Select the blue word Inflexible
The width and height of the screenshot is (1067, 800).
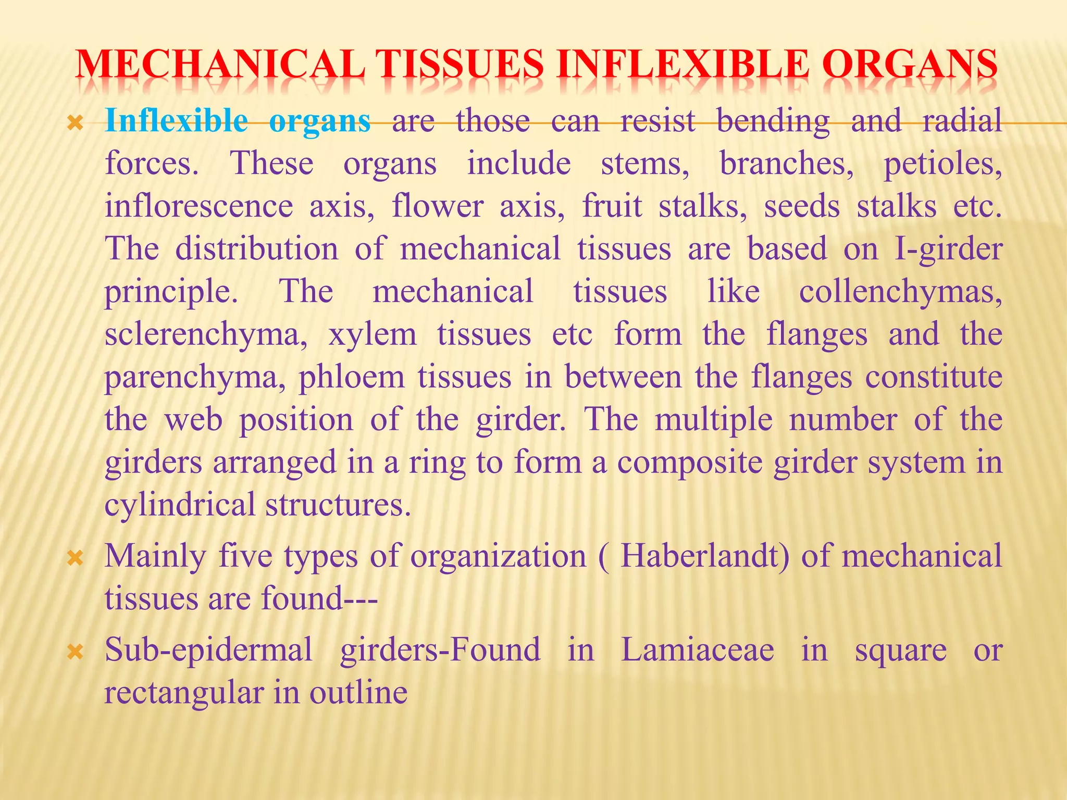(177, 121)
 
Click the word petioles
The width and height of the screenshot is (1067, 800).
(943, 164)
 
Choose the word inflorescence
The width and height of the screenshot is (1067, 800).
(199, 206)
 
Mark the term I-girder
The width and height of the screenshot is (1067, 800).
(948, 249)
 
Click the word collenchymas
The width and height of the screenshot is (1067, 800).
(900, 292)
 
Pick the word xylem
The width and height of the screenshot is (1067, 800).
(373, 334)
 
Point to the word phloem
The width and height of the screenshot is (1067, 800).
(352, 377)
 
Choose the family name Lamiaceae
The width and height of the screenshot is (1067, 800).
(698, 650)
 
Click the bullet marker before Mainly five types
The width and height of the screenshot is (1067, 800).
(76, 559)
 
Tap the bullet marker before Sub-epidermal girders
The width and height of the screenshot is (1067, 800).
(76, 652)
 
